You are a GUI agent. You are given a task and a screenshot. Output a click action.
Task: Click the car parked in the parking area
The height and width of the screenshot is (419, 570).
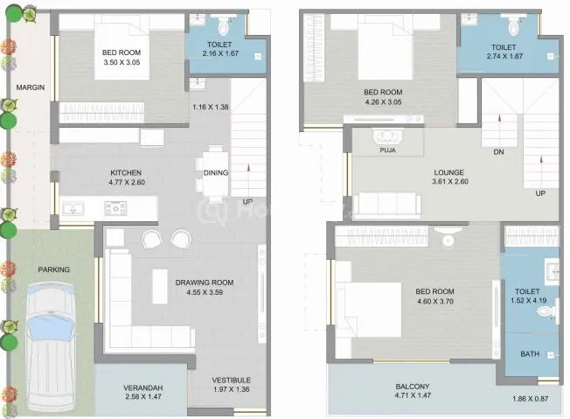(x=52, y=348)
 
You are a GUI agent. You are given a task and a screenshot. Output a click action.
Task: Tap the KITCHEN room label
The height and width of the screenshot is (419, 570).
(x=126, y=173)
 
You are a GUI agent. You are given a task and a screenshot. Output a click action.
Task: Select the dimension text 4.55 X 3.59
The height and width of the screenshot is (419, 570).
(x=205, y=292)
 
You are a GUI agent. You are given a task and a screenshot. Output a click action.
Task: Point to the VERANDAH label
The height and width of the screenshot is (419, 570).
(x=142, y=388)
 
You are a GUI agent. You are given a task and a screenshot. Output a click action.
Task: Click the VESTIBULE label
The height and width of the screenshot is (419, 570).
(x=231, y=381)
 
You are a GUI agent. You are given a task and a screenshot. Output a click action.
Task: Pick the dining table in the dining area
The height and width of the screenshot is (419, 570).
(x=215, y=173)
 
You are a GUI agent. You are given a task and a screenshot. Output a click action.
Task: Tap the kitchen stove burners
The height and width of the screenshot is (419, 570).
(x=116, y=208)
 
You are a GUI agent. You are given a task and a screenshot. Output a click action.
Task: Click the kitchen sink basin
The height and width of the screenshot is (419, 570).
(x=73, y=209)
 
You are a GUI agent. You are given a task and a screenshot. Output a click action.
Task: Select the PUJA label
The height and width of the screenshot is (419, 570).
(x=387, y=150)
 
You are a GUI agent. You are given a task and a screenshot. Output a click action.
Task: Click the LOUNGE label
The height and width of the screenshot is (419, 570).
(x=449, y=172)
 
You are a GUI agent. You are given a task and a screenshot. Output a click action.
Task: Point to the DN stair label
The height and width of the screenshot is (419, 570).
(x=498, y=152)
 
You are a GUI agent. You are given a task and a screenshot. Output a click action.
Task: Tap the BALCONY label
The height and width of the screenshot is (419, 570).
(x=413, y=387)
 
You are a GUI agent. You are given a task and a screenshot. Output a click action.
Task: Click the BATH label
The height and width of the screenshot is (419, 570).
(x=530, y=354)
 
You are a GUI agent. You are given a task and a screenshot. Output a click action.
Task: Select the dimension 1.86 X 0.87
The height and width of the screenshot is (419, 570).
(x=531, y=399)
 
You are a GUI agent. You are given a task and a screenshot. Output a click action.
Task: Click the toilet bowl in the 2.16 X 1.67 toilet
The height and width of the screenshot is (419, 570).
(x=223, y=26)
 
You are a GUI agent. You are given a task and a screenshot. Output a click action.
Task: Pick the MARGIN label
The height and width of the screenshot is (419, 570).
(x=31, y=87)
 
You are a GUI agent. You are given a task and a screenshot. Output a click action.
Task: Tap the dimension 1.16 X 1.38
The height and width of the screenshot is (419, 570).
(x=211, y=107)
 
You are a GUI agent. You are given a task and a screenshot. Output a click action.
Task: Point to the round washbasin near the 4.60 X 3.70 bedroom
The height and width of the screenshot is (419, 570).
(x=448, y=241)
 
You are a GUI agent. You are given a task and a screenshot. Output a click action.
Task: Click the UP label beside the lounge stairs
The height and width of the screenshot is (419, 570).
(x=540, y=193)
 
